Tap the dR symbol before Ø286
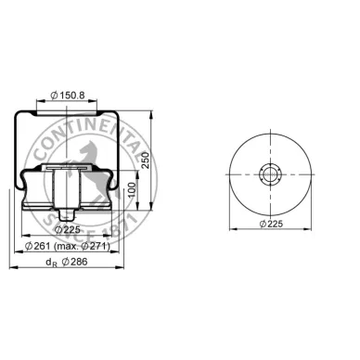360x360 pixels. [x=34, y=264]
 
